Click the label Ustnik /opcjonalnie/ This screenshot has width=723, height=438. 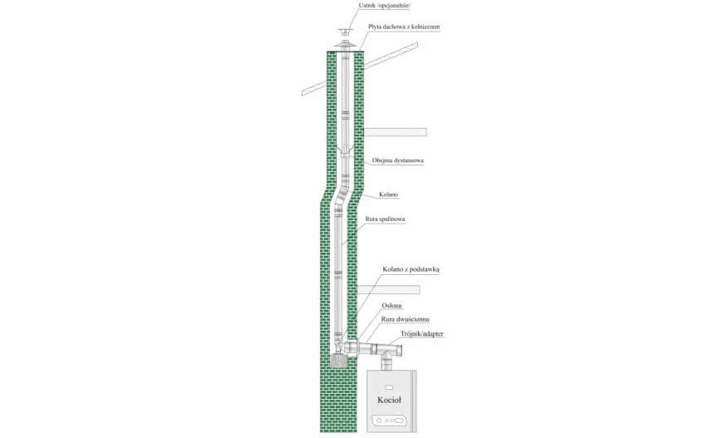tap(385, 6)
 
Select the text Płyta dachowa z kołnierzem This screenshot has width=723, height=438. tap(404, 27)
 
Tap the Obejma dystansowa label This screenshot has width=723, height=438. tap(398, 160)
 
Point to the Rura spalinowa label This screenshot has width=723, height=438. tap(385, 219)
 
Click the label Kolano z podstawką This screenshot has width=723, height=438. tap(411, 269)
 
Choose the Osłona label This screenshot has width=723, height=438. tap(391, 306)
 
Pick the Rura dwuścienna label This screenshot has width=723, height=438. tap(406, 319)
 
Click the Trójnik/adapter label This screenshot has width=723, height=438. tap(422, 334)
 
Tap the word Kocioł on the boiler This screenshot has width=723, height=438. tap(389, 400)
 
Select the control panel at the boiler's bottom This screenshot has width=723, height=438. tap(389, 421)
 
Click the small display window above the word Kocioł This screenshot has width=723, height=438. tap(389, 386)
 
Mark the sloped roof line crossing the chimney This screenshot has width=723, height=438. tap(360, 69)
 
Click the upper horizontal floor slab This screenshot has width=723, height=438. tap(396, 132)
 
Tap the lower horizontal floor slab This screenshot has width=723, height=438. tap(388, 289)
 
